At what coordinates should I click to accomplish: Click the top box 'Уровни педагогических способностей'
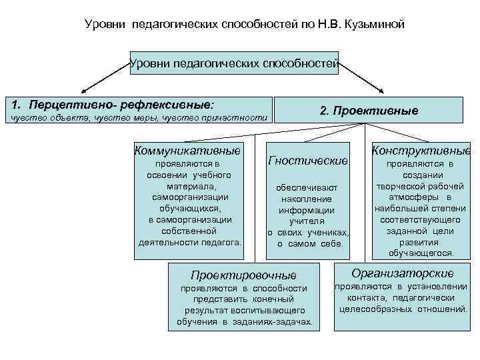point(235,65)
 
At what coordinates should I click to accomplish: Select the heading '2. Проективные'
point(369,111)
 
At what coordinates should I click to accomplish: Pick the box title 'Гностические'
point(308,161)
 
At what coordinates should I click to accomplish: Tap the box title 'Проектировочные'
point(243,275)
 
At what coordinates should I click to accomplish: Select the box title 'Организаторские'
point(402,273)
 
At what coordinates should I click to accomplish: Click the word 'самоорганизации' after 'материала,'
point(190,197)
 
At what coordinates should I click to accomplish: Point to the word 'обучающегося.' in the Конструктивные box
point(421,253)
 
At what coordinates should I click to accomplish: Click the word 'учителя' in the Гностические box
point(307,221)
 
